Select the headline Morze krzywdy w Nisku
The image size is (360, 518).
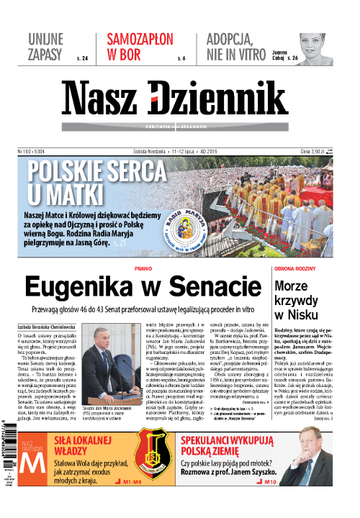point(302,297)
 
